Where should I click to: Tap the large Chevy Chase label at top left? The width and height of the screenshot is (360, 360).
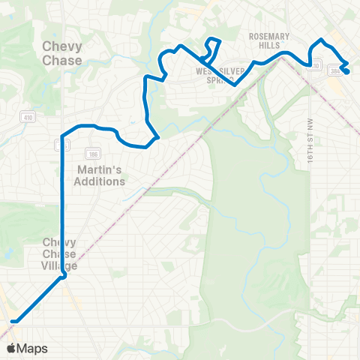[x=61, y=53]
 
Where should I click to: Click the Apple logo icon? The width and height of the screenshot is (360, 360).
[x=11, y=349]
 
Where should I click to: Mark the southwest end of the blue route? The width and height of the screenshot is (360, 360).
[x=14, y=321]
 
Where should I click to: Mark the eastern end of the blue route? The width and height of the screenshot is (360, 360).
[x=347, y=71]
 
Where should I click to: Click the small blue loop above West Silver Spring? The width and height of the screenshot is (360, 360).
[x=212, y=49]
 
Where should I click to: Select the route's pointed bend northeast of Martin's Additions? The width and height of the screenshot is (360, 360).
[x=157, y=137]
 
